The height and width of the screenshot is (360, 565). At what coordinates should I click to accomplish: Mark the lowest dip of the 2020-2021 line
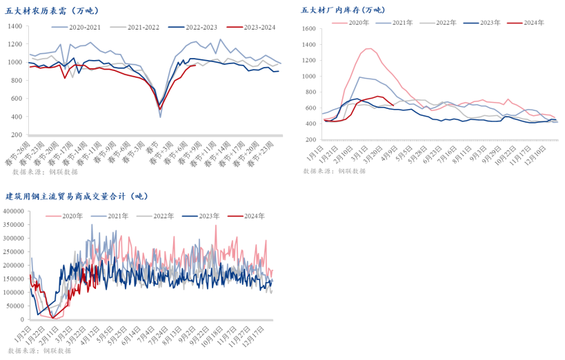(x=161, y=117)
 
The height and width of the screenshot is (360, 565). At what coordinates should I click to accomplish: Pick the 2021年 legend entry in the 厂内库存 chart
(x=402, y=23)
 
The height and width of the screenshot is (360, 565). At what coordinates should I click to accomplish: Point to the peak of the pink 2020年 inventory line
(x=368, y=48)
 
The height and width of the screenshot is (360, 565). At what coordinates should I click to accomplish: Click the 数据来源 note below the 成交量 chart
(x=39, y=351)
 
